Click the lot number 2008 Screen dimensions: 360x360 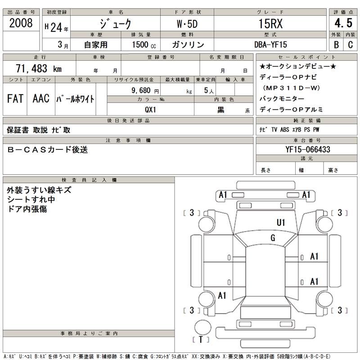tap(21, 23)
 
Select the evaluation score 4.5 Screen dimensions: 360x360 tap(343, 24)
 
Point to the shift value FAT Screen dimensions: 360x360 tap(16, 99)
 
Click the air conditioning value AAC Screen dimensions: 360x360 tap(41, 99)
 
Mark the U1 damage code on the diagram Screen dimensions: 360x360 tap(281, 222)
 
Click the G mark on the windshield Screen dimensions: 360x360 tap(273, 238)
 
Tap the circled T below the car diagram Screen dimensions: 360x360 tap(201, 340)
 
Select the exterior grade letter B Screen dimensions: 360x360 tap(336, 45)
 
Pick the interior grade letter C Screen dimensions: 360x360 tap(351, 45)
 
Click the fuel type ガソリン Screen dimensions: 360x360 tap(188, 45)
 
